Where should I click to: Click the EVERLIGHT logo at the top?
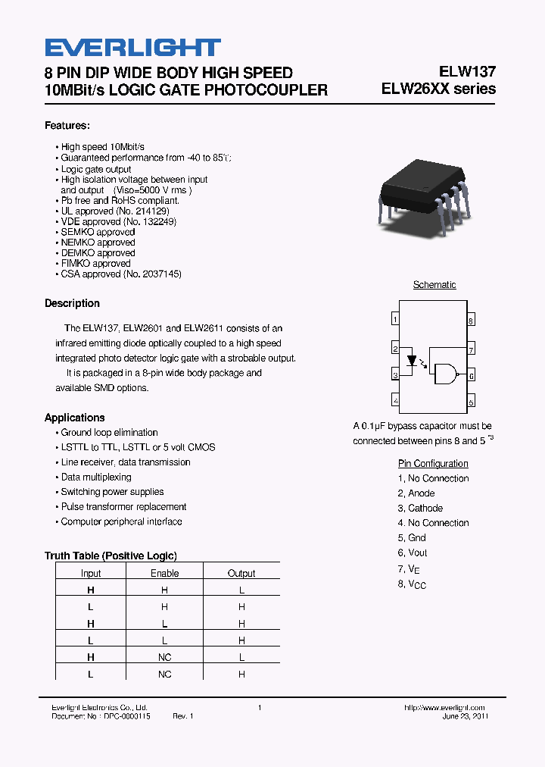(132, 48)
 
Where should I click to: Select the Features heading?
(67, 125)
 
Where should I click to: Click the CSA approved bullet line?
(120, 274)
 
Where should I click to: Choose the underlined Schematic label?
(434, 285)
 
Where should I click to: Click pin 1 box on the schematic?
(395, 320)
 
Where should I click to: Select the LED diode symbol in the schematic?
(413, 361)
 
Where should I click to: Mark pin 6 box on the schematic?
(471, 374)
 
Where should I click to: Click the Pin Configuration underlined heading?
(433, 463)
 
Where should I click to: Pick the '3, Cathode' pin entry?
(420, 508)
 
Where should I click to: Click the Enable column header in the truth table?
(164, 574)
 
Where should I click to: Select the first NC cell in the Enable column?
(164, 657)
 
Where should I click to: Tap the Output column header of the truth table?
(241, 574)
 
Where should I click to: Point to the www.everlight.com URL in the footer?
(444, 707)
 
